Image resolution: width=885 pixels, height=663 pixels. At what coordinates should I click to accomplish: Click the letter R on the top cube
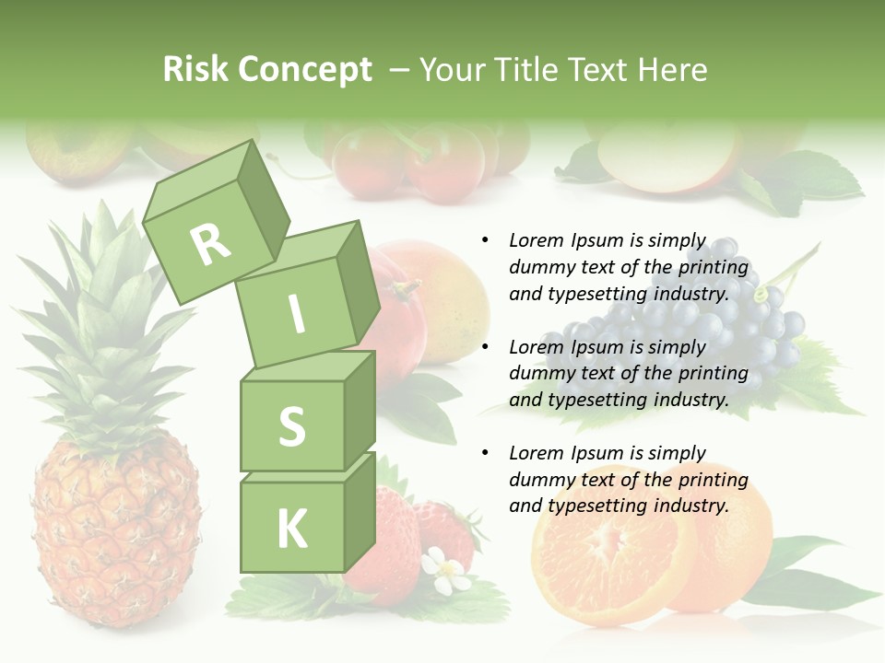[x=211, y=243]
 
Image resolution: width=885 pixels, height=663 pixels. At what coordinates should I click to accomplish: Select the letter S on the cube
[x=291, y=425]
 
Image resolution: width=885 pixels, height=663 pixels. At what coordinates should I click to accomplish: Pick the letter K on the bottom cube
[x=291, y=528]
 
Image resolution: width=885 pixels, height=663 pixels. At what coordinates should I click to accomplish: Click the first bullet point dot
[x=485, y=240]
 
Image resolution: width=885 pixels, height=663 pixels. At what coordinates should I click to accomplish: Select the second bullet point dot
[x=485, y=347]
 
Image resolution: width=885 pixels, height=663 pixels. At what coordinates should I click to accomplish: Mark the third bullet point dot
[x=485, y=453]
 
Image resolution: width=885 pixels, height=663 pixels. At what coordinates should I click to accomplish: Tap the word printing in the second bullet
[x=714, y=373]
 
